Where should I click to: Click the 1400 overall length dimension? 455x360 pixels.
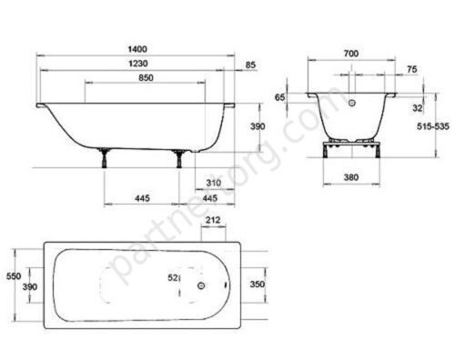137,49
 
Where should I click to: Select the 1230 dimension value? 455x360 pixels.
137,64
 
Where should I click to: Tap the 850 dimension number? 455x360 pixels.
146,78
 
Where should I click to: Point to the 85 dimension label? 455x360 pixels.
250,65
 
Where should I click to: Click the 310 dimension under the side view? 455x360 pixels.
214,183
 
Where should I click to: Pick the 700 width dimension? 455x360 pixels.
351,54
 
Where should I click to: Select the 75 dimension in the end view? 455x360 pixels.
412,69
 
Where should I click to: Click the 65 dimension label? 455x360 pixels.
280,97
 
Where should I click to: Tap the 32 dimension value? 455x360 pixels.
418,108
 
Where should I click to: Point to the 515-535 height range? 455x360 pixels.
433,126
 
